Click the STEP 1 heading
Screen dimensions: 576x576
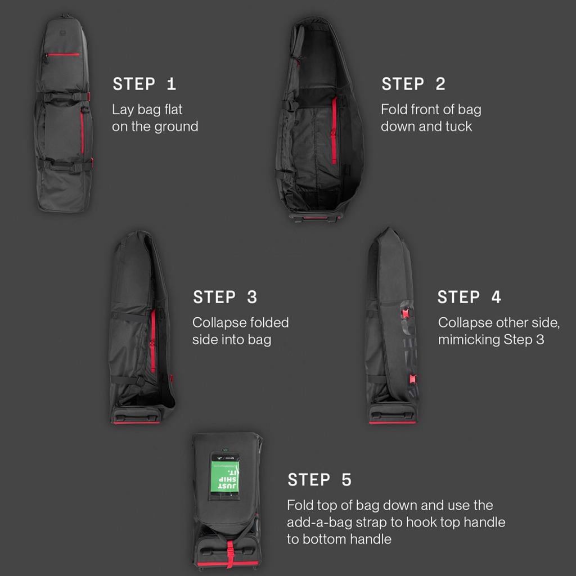coord(144,84)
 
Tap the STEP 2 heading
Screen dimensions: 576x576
coord(413,84)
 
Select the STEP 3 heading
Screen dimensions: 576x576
coord(225,297)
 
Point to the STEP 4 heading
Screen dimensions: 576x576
coord(469,297)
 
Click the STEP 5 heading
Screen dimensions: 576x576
coord(319,479)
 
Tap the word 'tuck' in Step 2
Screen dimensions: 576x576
coord(458,127)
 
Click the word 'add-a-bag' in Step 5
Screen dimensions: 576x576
coord(319,523)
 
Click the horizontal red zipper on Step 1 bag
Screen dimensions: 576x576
coord(64,55)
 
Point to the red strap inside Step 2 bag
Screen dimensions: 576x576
coord(334,130)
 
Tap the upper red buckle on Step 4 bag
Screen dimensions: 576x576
coord(406,313)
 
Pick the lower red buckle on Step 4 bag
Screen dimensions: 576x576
coord(413,379)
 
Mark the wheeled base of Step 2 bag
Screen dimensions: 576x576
coord(316,217)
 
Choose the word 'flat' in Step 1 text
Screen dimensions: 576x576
coord(173,109)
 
